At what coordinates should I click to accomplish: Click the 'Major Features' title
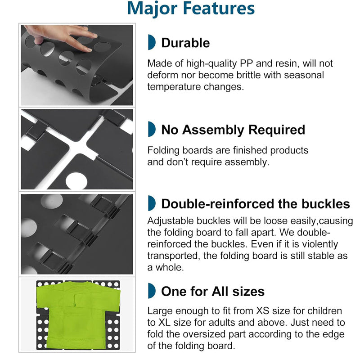pos(191,9)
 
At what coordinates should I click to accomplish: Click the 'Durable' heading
pos(185,43)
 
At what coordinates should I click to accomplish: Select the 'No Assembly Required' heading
pos(233,130)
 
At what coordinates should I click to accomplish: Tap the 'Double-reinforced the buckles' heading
pos(256,204)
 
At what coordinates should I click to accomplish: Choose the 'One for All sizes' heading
pos(213,291)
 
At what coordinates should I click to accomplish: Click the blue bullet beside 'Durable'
pos(152,42)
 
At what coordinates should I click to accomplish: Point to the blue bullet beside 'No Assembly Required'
pos(152,129)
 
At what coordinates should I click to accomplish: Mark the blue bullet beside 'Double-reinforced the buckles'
pos(152,203)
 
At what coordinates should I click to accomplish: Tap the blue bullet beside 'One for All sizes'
pos(152,291)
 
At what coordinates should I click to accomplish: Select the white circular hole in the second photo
pos(76,181)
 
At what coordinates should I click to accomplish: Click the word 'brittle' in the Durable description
pos(245,75)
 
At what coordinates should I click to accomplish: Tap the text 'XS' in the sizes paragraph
pos(262,311)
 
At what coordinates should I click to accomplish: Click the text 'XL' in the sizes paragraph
pos(164,323)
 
